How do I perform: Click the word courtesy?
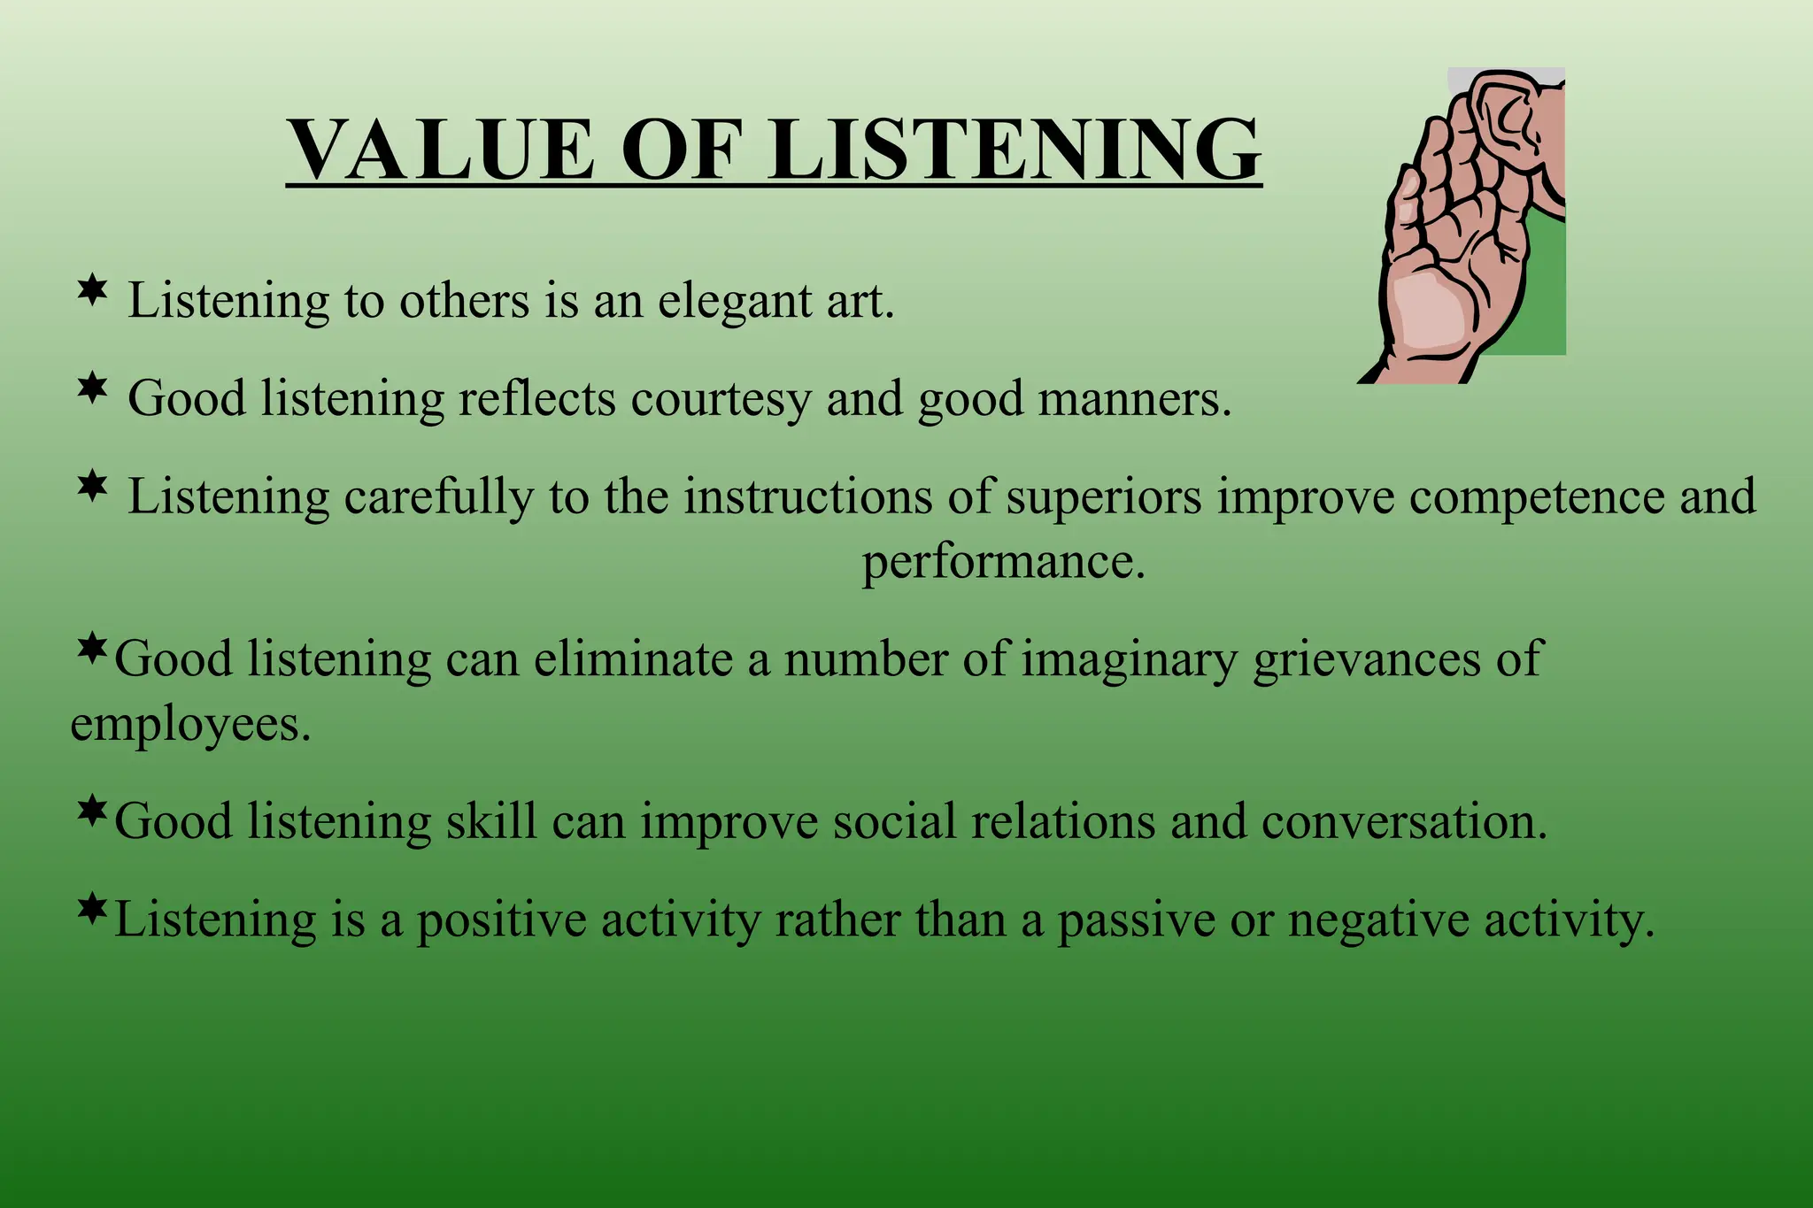tap(721, 400)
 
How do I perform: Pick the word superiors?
tap(1103, 497)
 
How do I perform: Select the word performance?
tap(1003, 563)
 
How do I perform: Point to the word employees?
tap(189, 726)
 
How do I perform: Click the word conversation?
tap(1403, 822)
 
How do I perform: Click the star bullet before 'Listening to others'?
tap(92, 290)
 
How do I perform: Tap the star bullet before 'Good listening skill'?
tap(92, 811)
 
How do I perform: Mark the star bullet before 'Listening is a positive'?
tap(92, 909)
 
